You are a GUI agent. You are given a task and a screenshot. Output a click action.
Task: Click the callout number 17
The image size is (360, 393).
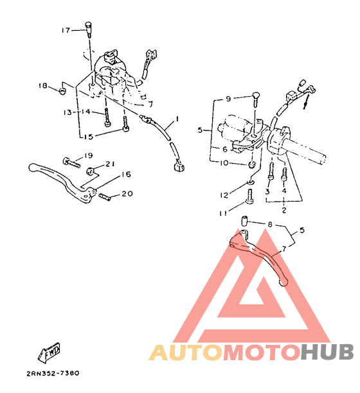click(66, 30)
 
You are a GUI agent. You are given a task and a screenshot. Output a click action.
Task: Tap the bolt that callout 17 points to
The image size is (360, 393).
click(88, 30)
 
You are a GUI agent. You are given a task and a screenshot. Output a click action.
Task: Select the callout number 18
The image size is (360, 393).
click(43, 85)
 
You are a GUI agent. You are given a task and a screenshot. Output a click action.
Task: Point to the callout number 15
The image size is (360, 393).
click(88, 137)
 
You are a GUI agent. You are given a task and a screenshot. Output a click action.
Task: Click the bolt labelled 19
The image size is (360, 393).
click(71, 162)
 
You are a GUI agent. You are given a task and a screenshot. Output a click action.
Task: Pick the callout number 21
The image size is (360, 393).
click(110, 164)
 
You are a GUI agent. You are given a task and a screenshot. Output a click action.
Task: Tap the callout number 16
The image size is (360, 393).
click(126, 174)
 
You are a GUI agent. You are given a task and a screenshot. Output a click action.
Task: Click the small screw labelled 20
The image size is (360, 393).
click(105, 197)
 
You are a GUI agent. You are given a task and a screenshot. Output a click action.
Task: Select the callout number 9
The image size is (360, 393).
click(228, 99)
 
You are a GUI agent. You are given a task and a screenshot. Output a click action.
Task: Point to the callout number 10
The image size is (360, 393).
click(224, 163)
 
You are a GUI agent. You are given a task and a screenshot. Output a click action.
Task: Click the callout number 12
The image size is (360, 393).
click(224, 195)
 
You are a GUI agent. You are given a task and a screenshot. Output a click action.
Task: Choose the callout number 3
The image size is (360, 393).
click(267, 192)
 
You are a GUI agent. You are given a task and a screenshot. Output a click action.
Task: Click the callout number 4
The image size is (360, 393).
click(284, 191)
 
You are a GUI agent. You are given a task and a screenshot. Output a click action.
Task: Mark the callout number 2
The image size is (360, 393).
click(284, 210)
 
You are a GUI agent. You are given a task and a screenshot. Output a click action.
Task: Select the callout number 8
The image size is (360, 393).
click(270, 224)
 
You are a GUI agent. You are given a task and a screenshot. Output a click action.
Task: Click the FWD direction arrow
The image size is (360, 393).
click(50, 351)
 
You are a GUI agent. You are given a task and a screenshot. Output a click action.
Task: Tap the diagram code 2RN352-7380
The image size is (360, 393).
click(53, 374)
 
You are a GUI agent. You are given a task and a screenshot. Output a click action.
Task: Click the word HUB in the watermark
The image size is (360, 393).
click(327, 352)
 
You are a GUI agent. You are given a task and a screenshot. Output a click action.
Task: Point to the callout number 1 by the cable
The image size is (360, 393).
click(177, 119)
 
